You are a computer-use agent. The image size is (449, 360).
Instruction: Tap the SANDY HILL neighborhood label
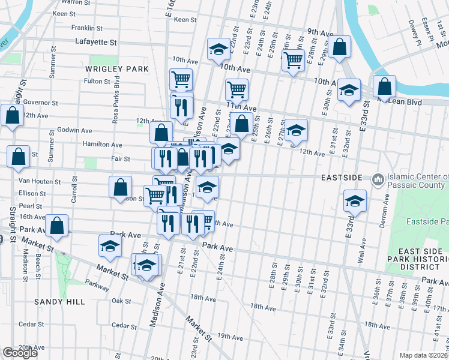(x=59, y=302)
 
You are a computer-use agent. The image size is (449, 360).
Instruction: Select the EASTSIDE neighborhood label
(x=342, y=178)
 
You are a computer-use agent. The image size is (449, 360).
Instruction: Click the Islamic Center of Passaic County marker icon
(x=378, y=179)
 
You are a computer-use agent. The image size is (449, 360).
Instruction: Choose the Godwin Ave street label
(x=74, y=130)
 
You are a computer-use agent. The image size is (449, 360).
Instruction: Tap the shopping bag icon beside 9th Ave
(x=339, y=47)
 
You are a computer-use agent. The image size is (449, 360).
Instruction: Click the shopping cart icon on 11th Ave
(x=237, y=89)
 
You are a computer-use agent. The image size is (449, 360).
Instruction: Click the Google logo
(x=20, y=353)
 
